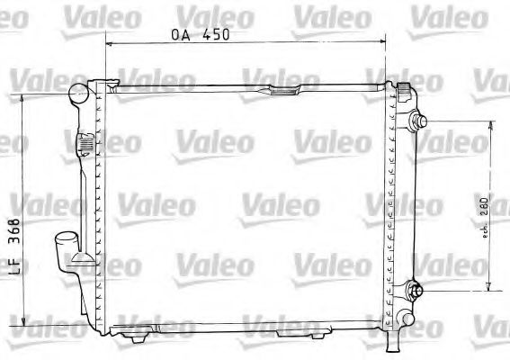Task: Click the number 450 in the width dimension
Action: [x=217, y=35]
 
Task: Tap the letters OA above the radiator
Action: [x=183, y=35]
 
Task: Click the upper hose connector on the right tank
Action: [x=419, y=121]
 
